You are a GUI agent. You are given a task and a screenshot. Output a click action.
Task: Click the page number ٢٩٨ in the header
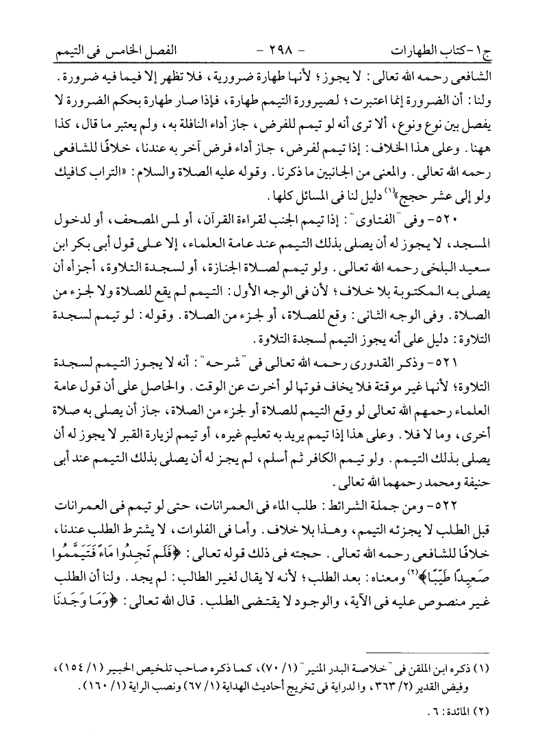pos(276,51)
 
